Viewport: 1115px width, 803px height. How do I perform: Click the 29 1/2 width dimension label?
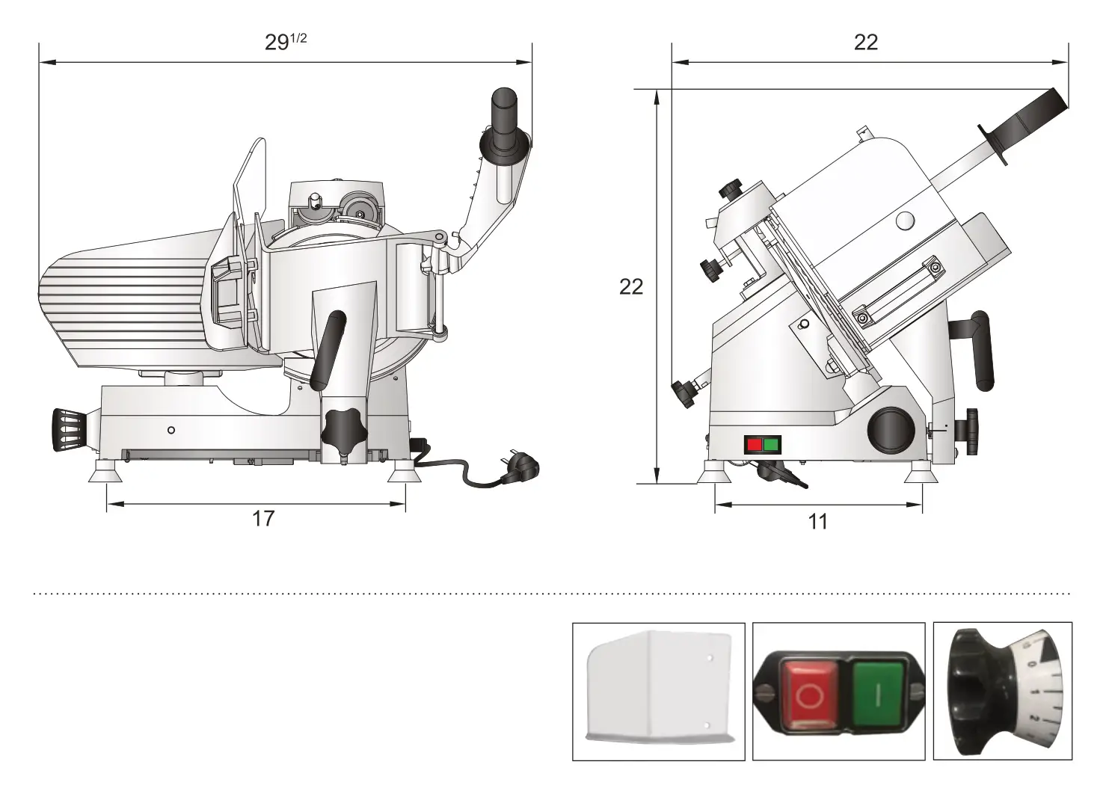click(x=285, y=42)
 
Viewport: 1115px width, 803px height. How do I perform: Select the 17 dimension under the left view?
click(x=263, y=518)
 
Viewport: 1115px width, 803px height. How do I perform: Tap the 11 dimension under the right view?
click(x=818, y=521)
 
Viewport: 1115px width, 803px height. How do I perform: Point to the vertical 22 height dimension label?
click(x=631, y=286)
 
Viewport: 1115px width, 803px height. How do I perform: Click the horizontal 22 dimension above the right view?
click(x=866, y=42)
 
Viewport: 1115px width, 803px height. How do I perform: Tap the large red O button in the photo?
click(x=810, y=693)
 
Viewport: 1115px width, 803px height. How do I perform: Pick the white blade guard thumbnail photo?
click(x=658, y=692)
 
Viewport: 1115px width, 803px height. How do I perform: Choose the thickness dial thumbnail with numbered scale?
click(x=1002, y=692)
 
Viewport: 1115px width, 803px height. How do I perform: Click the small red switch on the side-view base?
click(x=755, y=445)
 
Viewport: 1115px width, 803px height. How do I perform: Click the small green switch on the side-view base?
click(x=771, y=445)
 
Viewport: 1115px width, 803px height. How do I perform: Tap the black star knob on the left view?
click(x=343, y=428)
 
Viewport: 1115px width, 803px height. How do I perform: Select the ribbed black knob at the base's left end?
click(x=69, y=430)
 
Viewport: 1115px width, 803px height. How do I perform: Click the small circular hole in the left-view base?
click(x=171, y=429)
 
